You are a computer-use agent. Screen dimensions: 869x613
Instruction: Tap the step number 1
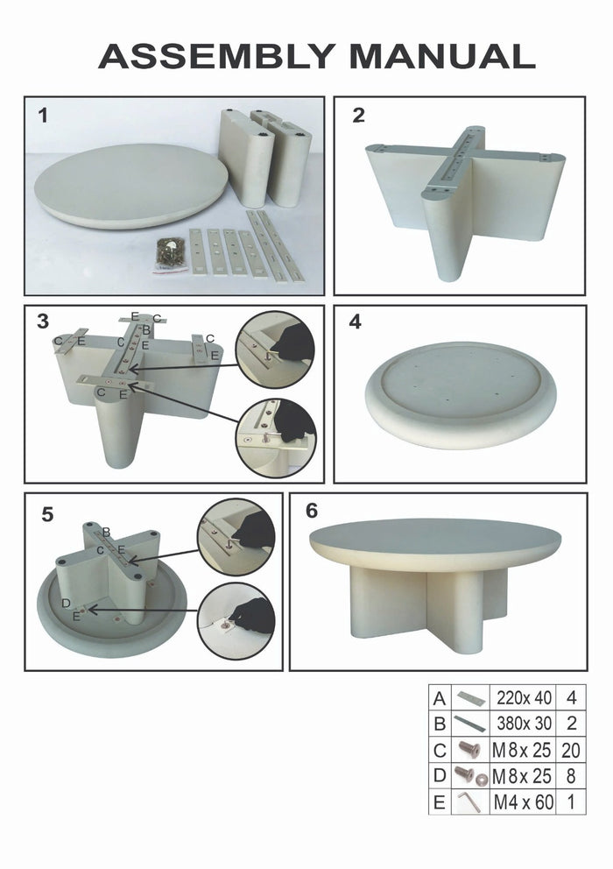click(x=43, y=115)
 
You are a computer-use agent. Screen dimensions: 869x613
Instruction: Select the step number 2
click(x=358, y=115)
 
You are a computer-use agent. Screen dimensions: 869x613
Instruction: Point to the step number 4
click(x=355, y=321)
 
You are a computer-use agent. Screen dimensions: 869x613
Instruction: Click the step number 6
click(x=312, y=512)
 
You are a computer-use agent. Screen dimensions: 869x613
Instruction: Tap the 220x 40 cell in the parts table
click(x=524, y=698)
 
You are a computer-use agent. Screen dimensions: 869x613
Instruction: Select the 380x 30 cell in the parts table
click(x=524, y=724)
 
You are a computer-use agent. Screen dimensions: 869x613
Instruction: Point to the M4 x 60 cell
click(x=524, y=801)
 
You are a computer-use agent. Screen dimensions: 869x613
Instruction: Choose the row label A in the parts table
click(x=440, y=698)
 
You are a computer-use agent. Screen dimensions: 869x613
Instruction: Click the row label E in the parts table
click(x=440, y=801)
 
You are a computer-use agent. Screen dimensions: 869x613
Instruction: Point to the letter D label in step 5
click(x=67, y=603)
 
